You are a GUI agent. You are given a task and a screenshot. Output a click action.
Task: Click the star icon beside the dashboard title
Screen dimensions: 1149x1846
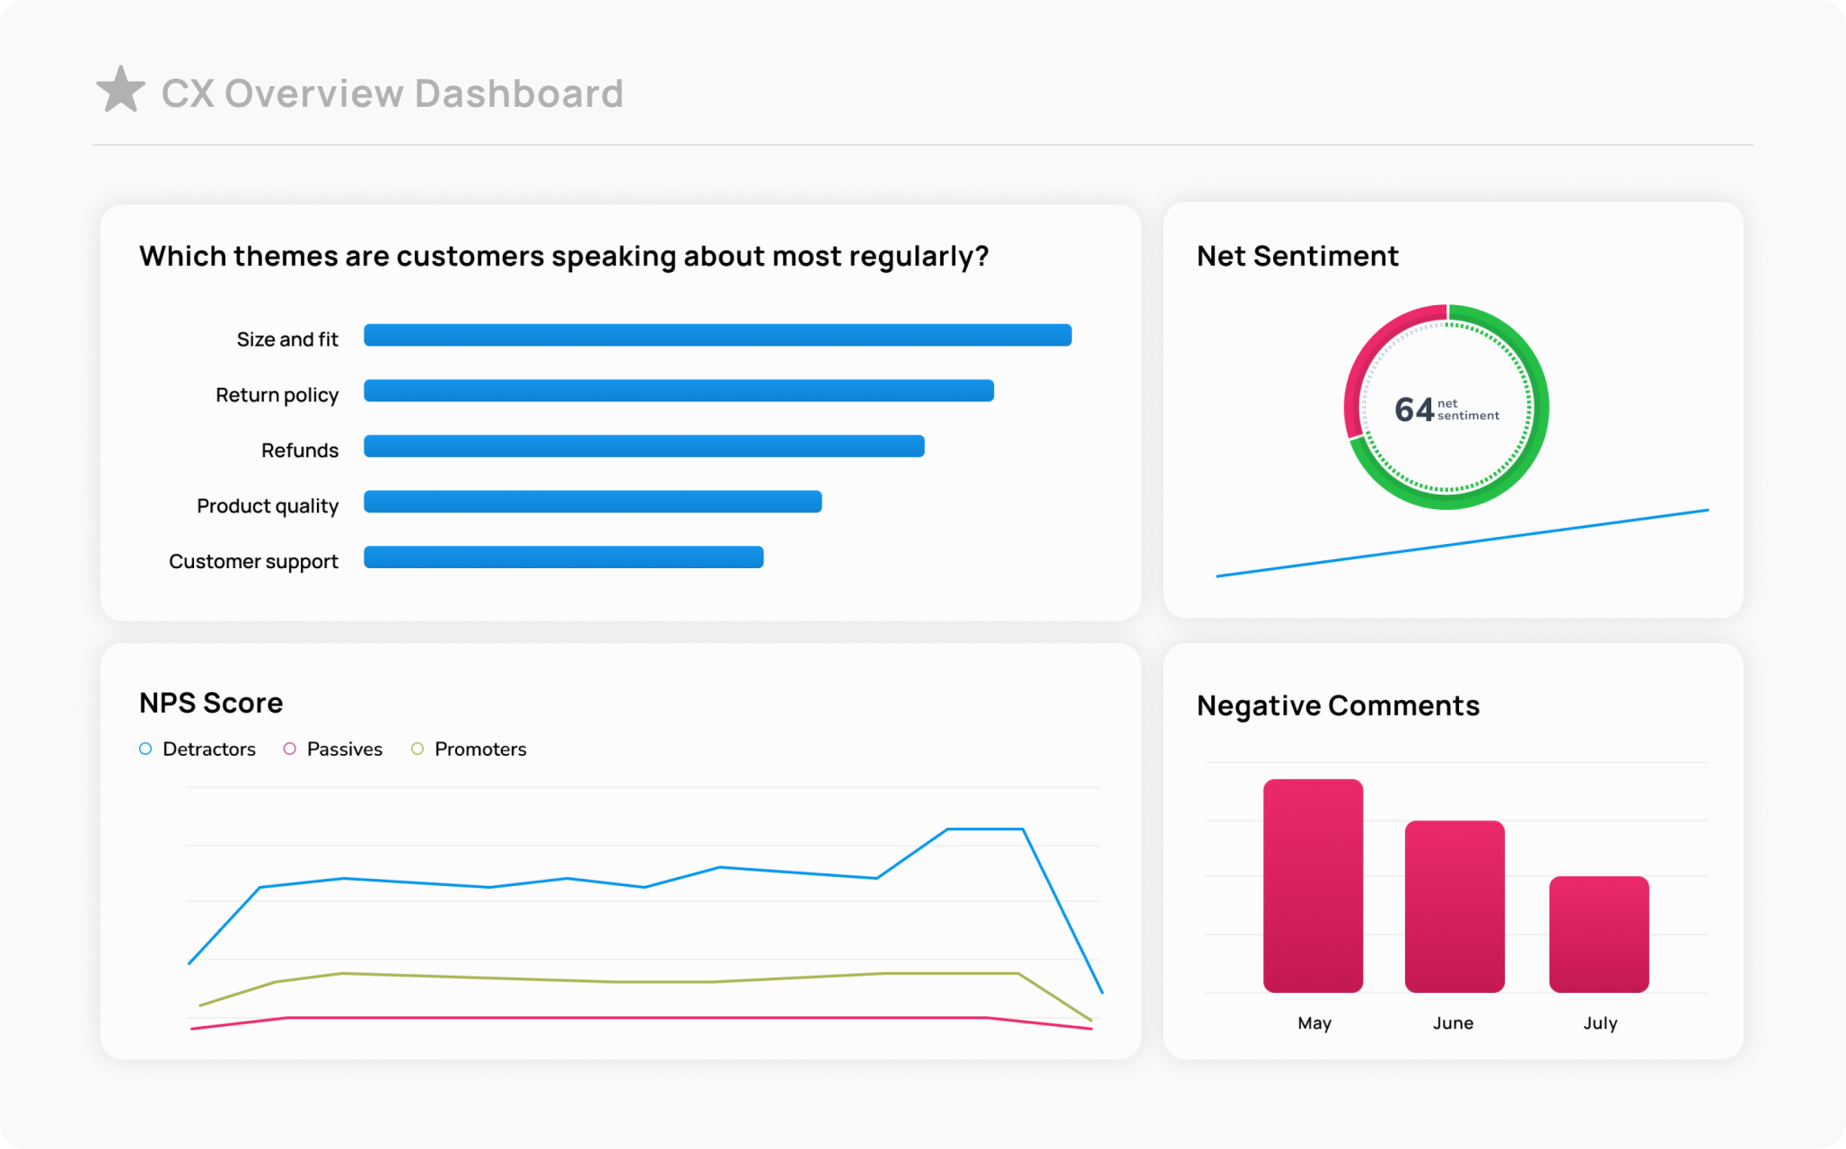coord(120,90)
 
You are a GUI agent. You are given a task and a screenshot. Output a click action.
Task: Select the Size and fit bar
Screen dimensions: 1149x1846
coord(716,336)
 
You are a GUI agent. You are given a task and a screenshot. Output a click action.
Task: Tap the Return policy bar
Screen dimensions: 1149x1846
coord(678,391)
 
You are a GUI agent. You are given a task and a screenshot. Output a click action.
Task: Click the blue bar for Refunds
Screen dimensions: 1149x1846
coord(643,447)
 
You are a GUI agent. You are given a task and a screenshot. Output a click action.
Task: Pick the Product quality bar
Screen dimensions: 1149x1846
coord(592,502)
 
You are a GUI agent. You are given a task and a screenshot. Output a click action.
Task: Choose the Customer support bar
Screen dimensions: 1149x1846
coord(563,557)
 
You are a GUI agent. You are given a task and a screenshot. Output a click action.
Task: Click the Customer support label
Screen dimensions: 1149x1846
coord(253,562)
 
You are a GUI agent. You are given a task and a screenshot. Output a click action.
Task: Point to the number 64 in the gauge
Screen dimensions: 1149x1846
coord(1413,410)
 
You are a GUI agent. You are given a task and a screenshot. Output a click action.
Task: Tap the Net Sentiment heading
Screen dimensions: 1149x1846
coord(1297,257)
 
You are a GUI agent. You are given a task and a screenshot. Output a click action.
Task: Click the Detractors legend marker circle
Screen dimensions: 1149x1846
coord(145,749)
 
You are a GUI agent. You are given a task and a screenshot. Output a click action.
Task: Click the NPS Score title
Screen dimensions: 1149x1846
coord(211,703)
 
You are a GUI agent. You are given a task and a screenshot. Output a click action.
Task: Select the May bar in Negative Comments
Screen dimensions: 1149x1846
coord(1313,885)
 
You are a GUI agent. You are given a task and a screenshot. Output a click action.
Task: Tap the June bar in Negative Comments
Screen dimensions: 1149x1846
coord(1454,906)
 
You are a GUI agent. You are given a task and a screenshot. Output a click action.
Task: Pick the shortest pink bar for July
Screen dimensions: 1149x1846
coord(1598,934)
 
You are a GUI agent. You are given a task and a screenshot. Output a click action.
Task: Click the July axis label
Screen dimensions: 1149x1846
coord(1600,1023)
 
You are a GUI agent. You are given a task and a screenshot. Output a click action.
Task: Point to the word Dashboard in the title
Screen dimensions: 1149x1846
coord(519,94)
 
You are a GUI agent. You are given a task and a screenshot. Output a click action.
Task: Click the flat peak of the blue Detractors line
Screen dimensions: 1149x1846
coord(985,829)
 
